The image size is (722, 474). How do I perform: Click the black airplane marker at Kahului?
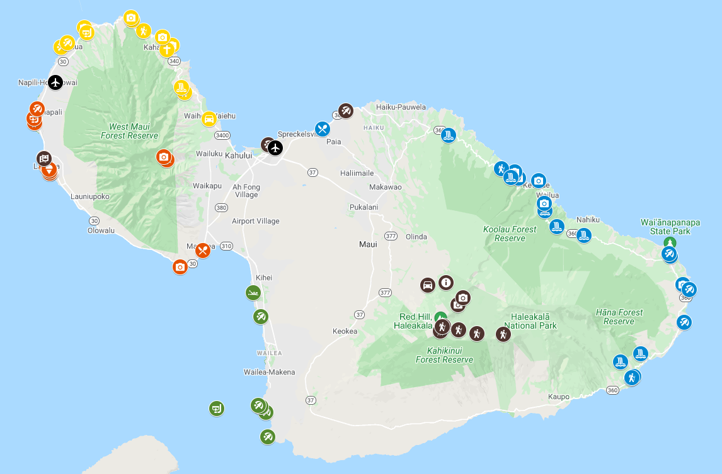tap(275, 148)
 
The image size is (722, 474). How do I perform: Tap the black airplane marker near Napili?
tap(55, 82)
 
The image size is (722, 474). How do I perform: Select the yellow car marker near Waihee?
tap(209, 118)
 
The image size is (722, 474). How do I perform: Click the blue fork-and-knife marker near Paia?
tap(323, 130)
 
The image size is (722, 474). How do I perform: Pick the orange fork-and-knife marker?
tap(202, 251)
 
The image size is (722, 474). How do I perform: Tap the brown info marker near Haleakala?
tap(446, 283)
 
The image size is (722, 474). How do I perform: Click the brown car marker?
tap(428, 285)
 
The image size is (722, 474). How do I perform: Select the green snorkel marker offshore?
tap(216, 408)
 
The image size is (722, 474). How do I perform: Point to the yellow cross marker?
tap(167, 49)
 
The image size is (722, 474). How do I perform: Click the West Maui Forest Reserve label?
tap(129, 132)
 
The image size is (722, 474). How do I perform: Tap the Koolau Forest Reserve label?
tap(510, 234)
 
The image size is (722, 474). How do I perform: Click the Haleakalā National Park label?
tap(534, 321)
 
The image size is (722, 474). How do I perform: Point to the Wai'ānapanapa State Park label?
tap(670, 227)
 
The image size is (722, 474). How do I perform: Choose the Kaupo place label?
tap(559, 397)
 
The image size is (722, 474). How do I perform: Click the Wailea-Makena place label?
tap(269, 372)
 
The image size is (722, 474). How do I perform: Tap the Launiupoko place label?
tap(90, 196)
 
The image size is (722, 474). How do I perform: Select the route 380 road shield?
tap(221, 207)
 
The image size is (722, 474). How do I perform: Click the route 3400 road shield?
tap(222, 135)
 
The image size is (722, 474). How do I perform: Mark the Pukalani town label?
tap(364, 207)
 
